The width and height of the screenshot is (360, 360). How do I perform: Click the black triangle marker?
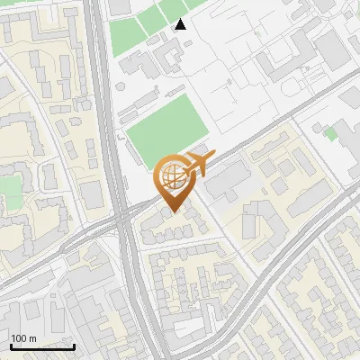(181, 24)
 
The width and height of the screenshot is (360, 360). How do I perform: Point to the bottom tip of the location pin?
(172, 211)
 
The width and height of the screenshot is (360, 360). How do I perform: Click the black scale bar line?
(42, 346)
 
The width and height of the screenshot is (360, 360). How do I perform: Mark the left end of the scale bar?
(11, 346)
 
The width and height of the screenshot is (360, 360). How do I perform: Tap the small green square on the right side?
(330, 133)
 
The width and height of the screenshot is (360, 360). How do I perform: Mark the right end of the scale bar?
(74, 346)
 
